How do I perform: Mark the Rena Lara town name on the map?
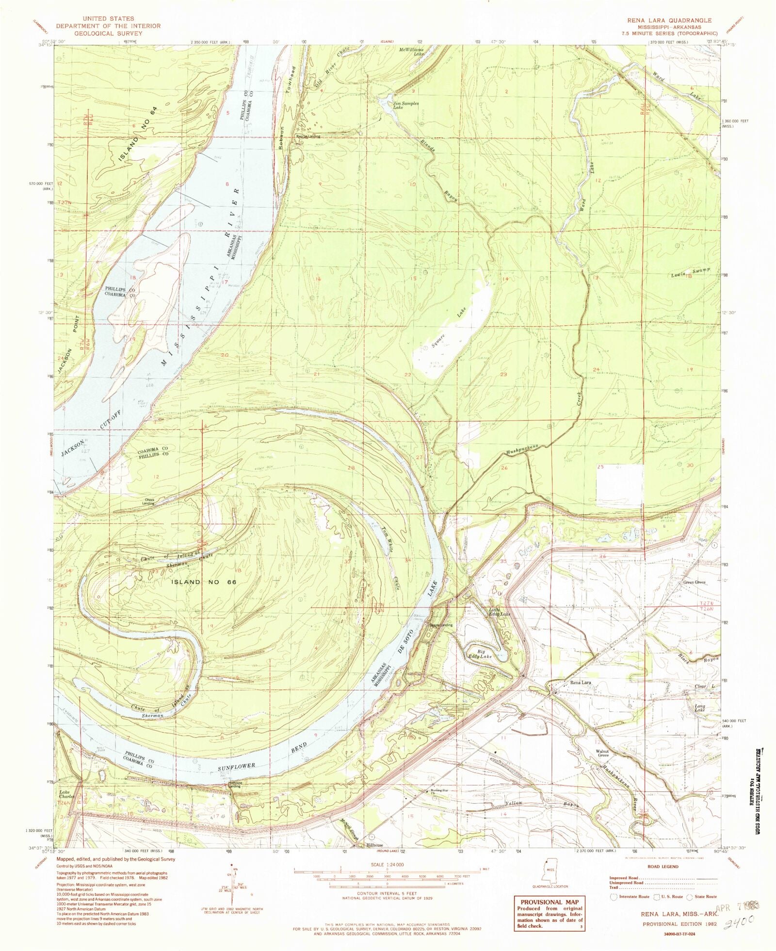[580, 683]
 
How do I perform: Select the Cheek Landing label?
[148, 502]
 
